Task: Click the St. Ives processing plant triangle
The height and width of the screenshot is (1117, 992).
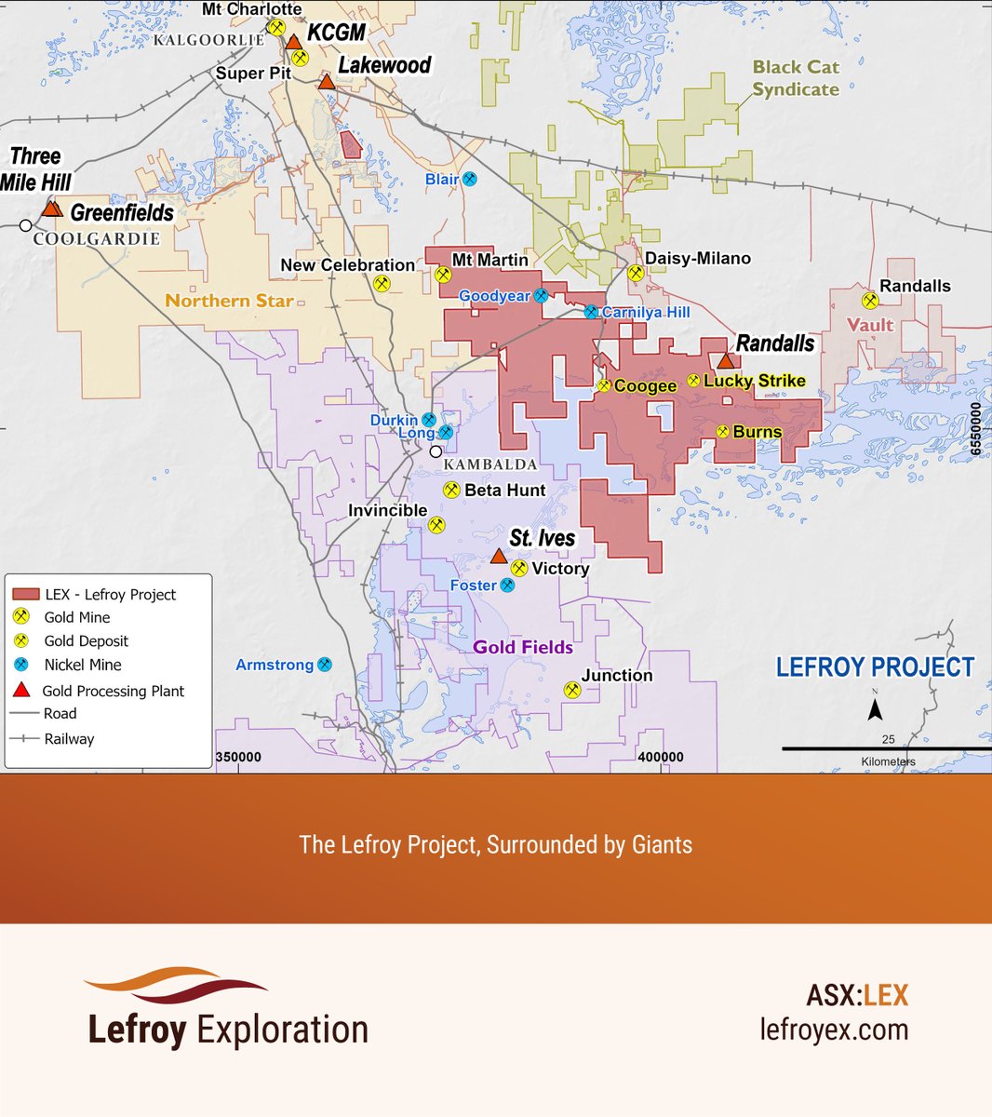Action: [x=498, y=557]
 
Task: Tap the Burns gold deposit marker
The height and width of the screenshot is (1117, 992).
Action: [x=723, y=431]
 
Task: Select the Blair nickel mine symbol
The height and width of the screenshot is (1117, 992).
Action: [x=470, y=179]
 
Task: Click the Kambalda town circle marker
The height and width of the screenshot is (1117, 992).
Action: [x=436, y=451]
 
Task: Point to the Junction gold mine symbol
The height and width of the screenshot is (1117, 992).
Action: [x=571, y=690]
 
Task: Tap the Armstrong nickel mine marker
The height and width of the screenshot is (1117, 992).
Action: [x=324, y=665]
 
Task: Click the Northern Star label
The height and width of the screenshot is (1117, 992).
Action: [x=229, y=301]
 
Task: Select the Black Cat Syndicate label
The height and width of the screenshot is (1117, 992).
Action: [x=796, y=78]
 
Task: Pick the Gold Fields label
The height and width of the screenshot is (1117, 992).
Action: [x=522, y=647]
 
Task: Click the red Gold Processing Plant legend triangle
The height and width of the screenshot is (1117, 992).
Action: [x=22, y=690]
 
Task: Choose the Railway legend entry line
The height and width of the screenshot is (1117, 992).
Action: [x=23, y=738]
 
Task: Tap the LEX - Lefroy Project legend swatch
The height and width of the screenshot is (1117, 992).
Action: [x=25, y=594]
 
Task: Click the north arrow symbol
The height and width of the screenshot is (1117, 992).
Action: [x=875, y=709]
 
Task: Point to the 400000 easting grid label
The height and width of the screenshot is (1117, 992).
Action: [x=660, y=757]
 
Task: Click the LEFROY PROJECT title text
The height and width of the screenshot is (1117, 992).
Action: [x=875, y=667]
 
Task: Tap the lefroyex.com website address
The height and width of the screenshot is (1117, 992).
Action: [x=834, y=1030]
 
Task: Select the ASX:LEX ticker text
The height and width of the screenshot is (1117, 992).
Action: [x=857, y=995]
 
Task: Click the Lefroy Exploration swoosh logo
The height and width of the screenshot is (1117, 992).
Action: [x=177, y=986]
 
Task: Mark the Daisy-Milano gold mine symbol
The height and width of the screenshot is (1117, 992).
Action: [x=636, y=273]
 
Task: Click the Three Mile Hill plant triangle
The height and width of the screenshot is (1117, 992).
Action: [x=52, y=209]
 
